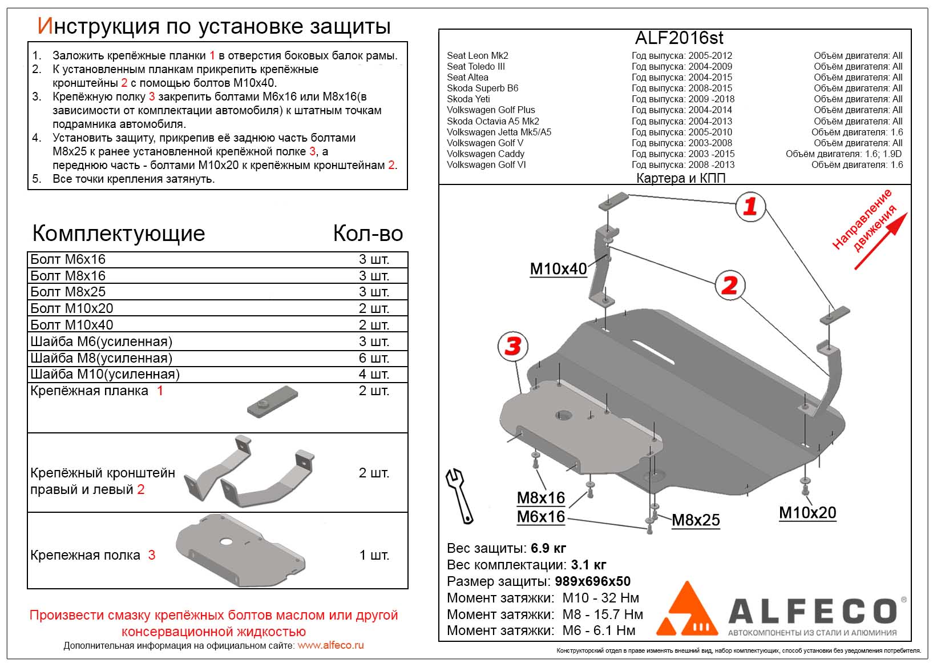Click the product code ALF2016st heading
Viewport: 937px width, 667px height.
(x=678, y=38)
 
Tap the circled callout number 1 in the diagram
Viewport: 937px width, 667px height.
(x=750, y=206)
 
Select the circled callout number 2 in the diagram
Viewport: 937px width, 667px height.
(x=730, y=286)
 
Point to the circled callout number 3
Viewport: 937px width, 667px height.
(x=513, y=346)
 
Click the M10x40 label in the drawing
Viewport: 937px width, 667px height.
(x=558, y=268)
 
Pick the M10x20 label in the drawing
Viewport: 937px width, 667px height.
(x=807, y=512)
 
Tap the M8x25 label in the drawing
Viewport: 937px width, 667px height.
(x=695, y=520)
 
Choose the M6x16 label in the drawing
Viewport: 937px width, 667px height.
(x=540, y=517)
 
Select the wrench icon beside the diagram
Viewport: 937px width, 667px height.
(x=459, y=495)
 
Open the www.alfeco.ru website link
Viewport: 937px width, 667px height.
(x=330, y=645)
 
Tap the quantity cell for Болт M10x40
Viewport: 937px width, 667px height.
(x=374, y=325)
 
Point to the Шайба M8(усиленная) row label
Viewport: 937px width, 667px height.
(x=101, y=358)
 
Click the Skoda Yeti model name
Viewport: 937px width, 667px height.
(x=468, y=99)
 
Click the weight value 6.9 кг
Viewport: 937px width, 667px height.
(x=548, y=548)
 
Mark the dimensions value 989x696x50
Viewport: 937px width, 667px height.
(x=592, y=581)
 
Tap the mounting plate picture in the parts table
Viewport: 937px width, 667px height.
(x=273, y=401)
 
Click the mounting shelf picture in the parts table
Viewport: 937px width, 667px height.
(x=240, y=550)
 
